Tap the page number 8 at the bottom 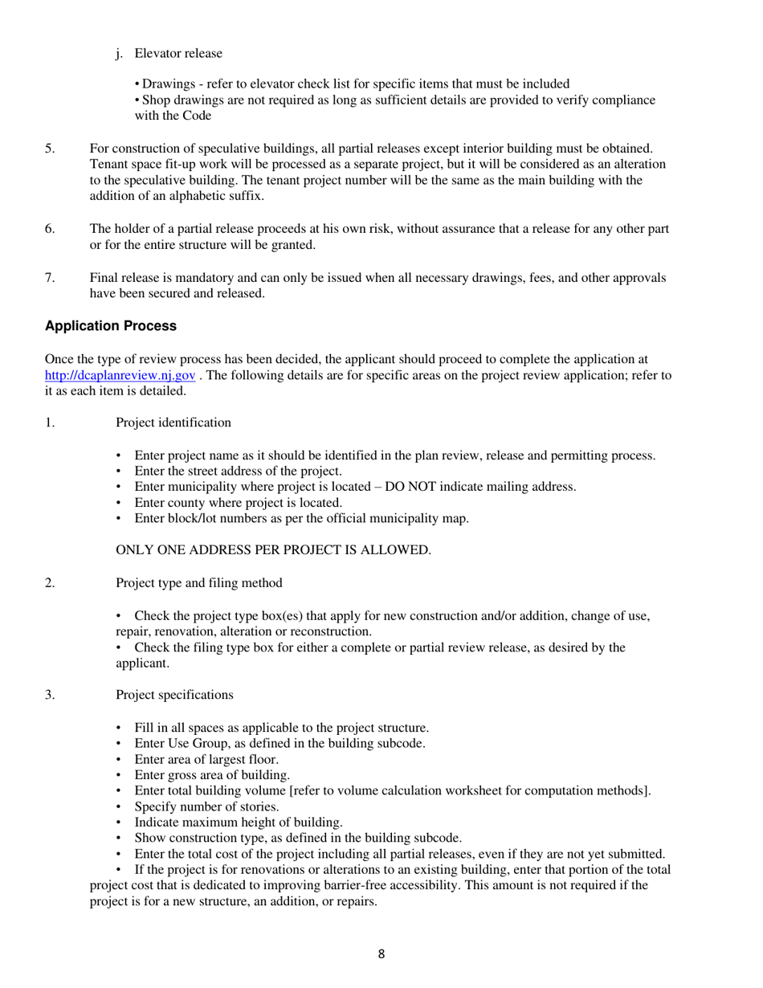click(x=381, y=954)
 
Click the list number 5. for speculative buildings click(x=50, y=148)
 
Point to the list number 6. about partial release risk click(x=50, y=229)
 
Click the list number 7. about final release click(x=50, y=278)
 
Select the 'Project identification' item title click(x=173, y=423)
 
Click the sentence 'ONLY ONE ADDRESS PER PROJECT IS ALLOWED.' click(x=274, y=550)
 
